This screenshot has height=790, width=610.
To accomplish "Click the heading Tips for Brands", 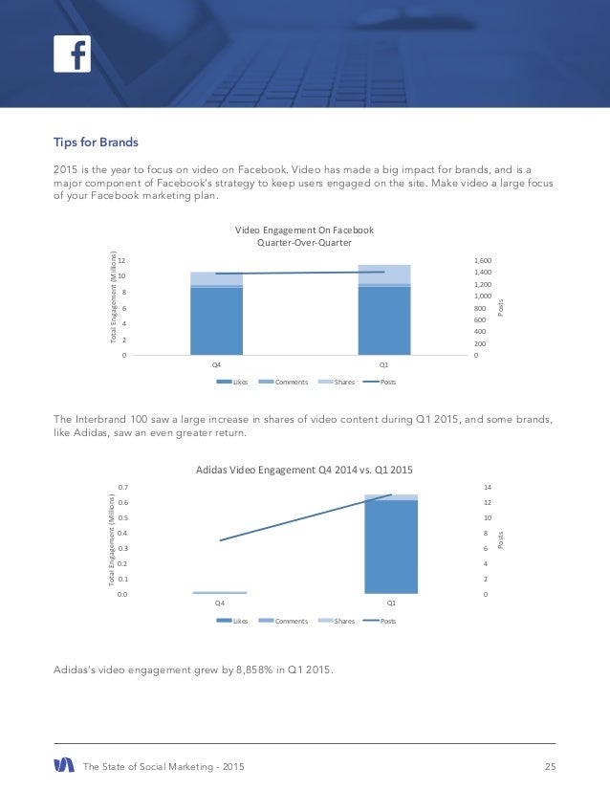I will coord(96,143).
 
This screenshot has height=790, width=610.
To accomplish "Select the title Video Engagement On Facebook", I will coord(304,230).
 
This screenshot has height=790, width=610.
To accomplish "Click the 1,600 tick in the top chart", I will coord(483,260).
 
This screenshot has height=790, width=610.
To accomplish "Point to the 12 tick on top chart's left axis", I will coord(124,260).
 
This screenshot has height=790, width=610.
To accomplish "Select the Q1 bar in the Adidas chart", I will coord(391,545).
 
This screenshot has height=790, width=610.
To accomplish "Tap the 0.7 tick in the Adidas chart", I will coord(123,488).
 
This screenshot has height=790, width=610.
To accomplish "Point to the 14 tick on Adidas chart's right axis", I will coord(489,488).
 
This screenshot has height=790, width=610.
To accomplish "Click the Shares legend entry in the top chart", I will coord(337,382).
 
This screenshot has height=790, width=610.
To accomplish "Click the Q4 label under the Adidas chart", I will coord(219,603).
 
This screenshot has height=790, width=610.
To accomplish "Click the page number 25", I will coord(550,765).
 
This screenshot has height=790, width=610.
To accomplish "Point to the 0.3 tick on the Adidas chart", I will coord(123,549).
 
